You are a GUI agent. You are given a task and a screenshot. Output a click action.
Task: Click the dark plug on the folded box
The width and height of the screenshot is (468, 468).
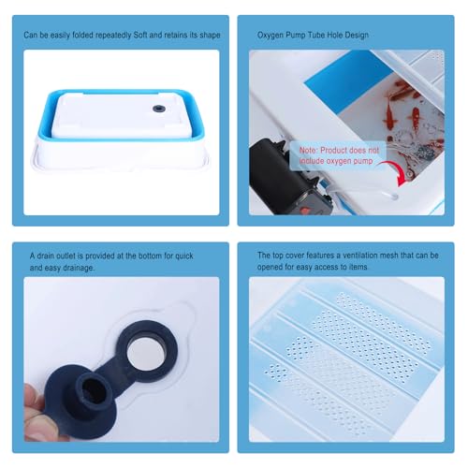pyautogui.click(x=159, y=109)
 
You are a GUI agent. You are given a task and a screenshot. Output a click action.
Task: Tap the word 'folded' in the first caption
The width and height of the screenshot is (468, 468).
pyautogui.click(x=82, y=35)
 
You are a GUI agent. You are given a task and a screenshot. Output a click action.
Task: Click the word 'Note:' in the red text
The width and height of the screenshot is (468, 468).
pyautogui.click(x=308, y=151)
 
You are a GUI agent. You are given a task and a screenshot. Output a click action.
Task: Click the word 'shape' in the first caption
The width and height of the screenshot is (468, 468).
pyautogui.click(x=211, y=36)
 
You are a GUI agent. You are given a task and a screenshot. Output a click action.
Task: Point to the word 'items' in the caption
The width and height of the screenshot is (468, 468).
pyautogui.click(x=358, y=267)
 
